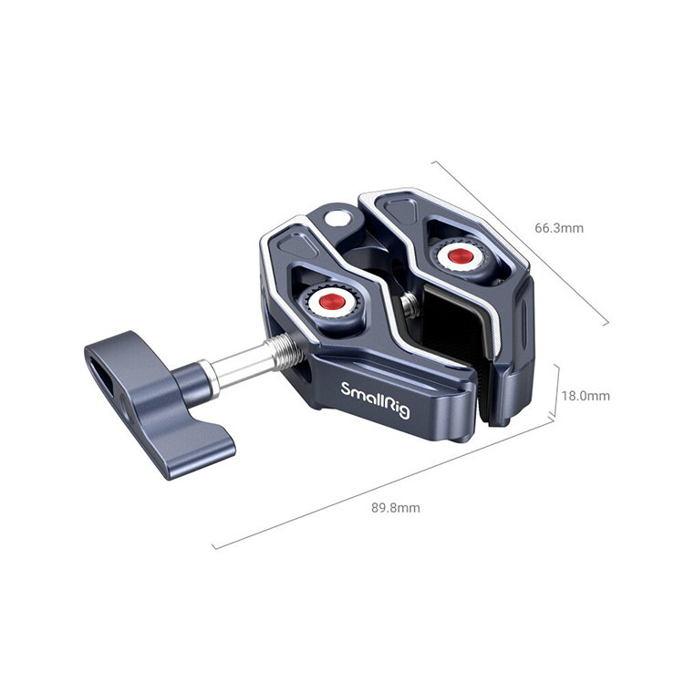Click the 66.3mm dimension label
point(559,228)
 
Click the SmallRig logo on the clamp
point(376,399)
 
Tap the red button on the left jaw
point(326,301)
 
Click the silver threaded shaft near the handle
point(246,358)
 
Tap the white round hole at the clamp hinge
point(339,217)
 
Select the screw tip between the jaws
point(412,309)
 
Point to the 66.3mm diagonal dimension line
point(520,242)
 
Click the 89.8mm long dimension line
point(383,483)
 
